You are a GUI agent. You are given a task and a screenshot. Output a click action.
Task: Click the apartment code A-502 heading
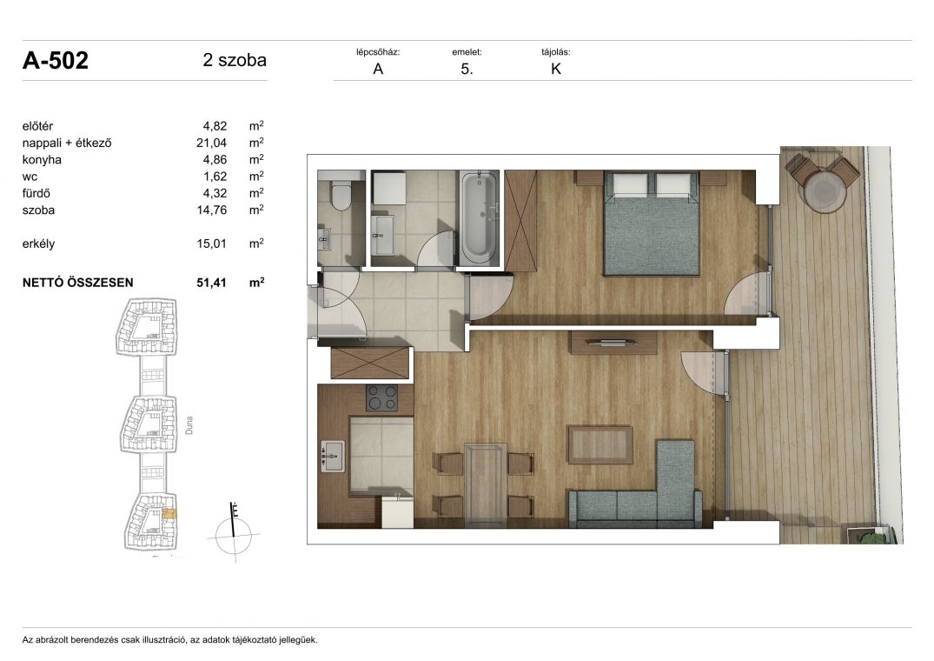56,60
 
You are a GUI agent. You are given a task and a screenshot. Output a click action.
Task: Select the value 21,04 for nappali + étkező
211,143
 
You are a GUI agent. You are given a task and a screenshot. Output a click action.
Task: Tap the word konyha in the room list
42,160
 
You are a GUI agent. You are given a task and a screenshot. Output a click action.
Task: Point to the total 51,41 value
211,283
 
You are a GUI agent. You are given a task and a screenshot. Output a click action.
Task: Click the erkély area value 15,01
211,244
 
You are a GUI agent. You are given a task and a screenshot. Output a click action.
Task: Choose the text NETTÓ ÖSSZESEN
78,283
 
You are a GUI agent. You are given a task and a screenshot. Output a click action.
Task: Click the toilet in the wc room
341,196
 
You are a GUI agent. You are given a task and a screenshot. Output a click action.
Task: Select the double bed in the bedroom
651,224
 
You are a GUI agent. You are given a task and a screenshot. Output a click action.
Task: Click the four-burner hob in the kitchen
382,397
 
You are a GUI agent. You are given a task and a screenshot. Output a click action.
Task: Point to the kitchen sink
333,457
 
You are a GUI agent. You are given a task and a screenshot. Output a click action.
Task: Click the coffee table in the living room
599,444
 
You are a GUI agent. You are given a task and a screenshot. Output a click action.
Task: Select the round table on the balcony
825,190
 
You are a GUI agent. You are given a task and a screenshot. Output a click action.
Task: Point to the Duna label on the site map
189,425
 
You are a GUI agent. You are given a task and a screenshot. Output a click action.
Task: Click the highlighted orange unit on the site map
169,513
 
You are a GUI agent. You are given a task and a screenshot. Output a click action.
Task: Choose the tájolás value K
556,69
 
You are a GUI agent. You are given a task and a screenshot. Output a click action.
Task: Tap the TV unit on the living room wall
613,342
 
